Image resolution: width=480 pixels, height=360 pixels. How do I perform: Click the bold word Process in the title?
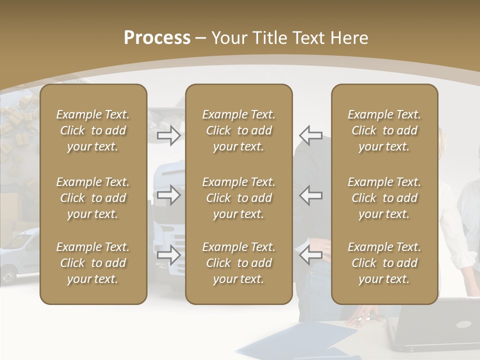[x=157, y=38]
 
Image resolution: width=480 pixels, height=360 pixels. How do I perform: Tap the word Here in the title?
[x=349, y=38]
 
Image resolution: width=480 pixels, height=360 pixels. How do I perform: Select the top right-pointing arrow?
[x=169, y=135]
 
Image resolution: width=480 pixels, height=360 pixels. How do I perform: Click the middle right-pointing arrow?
[x=169, y=195]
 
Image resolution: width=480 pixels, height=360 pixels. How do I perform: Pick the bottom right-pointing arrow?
[x=169, y=255]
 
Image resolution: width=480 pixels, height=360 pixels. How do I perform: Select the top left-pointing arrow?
[x=310, y=135]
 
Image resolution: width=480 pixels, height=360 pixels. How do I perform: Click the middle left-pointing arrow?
[x=310, y=195]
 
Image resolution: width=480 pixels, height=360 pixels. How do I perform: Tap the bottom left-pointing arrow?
[x=310, y=255]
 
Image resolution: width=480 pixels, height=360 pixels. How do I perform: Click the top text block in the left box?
[x=93, y=130]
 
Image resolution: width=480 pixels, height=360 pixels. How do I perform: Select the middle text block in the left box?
[x=93, y=198]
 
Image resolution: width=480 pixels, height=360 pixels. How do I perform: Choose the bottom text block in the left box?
[x=93, y=263]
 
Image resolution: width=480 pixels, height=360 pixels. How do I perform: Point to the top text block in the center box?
[x=238, y=130]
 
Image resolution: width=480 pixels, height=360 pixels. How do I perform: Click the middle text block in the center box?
[x=238, y=198]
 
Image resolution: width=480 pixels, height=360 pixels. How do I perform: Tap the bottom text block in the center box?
[x=238, y=263]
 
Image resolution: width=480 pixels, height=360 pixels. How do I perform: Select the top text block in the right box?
[x=384, y=130]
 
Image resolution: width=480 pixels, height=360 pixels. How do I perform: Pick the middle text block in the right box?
[x=384, y=198]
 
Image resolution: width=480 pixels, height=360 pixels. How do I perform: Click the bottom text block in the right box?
[x=384, y=263]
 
